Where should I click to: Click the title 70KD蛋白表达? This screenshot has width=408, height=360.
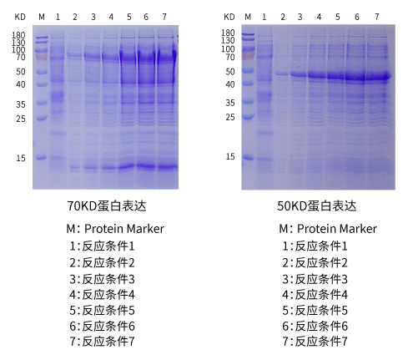click(107, 206)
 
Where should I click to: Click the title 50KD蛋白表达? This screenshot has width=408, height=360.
click(316, 206)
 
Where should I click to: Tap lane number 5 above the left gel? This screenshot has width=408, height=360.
click(129, 17)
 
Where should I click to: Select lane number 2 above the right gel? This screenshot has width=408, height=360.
click(283, 17)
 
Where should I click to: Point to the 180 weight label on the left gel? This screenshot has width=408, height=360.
click(18, 35)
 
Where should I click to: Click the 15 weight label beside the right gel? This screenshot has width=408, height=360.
click(230, 156)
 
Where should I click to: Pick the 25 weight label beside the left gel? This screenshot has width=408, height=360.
click(21, 119)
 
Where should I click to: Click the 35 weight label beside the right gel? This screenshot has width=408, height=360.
click(230, 103)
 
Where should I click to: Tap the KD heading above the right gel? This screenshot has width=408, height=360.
click(229, 17)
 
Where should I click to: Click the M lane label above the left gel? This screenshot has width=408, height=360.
click(42, 17)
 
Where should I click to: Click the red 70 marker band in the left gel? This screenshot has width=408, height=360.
click(42, 57)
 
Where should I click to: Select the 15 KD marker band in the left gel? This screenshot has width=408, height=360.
click(42, 158)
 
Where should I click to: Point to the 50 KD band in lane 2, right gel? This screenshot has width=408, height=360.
click(282, 74)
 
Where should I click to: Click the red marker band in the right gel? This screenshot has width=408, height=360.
click(248, 56)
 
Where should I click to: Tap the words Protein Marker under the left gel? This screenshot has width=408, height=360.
click(124, 229)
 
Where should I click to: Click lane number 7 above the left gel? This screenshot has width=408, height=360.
click(164, 17)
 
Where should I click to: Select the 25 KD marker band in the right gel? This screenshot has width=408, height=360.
click(248, 116)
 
